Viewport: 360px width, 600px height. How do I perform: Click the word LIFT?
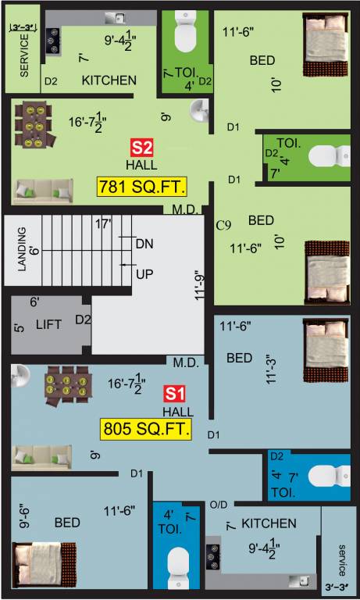pyautogui.click(x=49, y=323)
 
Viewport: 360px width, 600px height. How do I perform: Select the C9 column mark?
pyautogui.click(x=224, y=226)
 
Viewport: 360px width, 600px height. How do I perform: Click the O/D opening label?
pyautogui.click(x=217, y=505)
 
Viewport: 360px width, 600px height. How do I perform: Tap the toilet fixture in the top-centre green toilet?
pyautogui.click(x=184, y=33)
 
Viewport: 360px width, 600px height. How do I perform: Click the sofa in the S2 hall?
pyautogui.click(x=42, y=190)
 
